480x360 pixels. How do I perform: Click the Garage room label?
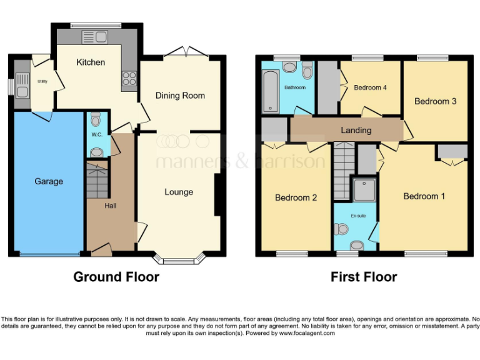48,181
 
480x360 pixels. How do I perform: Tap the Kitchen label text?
91,62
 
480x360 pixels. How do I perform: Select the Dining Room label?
180,96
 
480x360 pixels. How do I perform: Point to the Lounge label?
179,192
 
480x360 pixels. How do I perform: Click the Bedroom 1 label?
424,196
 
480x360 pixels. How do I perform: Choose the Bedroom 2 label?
296,197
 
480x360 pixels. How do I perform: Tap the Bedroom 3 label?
436,101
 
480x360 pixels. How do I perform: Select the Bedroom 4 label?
370,87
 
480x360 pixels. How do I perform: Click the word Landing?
356,130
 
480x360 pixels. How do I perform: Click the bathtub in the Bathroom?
271,92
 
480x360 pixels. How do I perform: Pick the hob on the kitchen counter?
130,79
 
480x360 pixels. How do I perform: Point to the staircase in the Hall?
97,177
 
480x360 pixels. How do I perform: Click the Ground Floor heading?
116,276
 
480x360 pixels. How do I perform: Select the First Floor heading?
364,276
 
